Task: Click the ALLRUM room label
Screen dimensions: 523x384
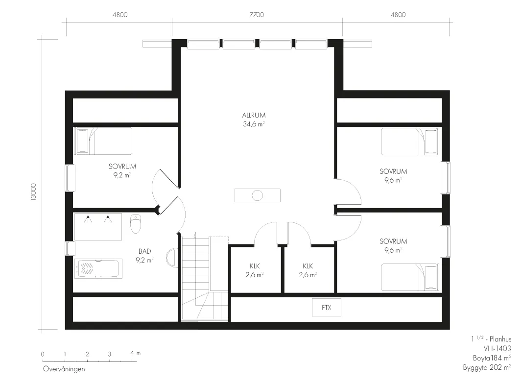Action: click(254, 116)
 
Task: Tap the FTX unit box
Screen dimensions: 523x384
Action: click(327, 307)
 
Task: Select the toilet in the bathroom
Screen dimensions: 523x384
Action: click(136, 223)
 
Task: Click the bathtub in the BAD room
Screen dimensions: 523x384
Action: click(98, 268)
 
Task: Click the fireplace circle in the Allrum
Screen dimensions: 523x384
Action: click(257, 195)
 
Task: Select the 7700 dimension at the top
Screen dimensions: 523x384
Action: click(257, 15)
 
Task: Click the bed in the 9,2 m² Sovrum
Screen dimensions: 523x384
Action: click(103, 141)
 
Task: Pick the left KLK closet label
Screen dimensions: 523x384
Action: click(255, 266)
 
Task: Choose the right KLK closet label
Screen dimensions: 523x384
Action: click(308, 266)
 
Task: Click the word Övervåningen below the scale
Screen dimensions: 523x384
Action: click(64, 369)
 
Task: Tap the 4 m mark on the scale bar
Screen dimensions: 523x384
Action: click(135, 353)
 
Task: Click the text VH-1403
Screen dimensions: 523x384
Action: click(497, 348)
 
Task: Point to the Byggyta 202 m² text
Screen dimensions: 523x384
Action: click(487, 367)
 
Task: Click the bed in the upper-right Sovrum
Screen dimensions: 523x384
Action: click(410, 142)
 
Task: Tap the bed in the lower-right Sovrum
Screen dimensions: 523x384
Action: click(410, 277)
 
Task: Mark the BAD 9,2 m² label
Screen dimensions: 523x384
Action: click(145, 256)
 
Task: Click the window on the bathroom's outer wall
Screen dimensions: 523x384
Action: click(70, 248)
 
